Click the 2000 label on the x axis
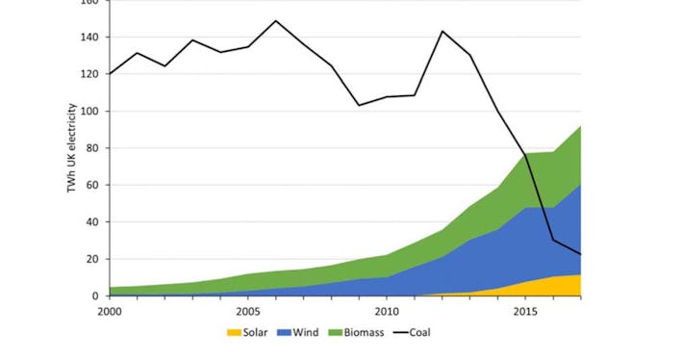111,312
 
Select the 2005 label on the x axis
248,312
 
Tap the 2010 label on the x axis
387,312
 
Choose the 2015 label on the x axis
525,312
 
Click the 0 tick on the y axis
94,296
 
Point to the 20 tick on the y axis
91,259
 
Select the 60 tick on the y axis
91,185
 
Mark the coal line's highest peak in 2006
276,20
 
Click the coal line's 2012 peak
443,31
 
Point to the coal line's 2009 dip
359,105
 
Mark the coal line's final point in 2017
580,254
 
